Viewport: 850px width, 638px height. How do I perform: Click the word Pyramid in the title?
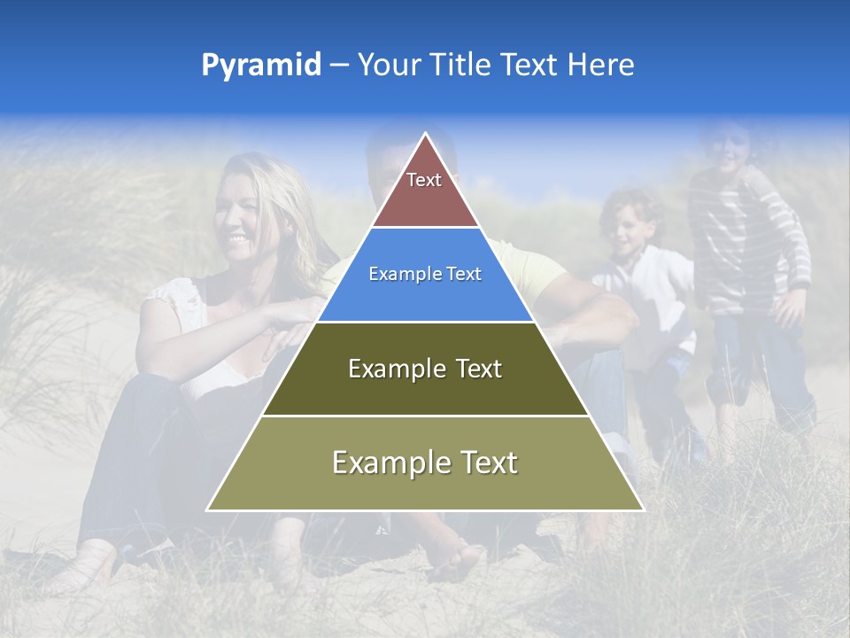(x=260, y=66)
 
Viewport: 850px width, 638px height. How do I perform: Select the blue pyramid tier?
(x=425, y=292)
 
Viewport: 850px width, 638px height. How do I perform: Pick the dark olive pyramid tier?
(x=425, y=390)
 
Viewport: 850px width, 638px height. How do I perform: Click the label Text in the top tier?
(x=424, y=180)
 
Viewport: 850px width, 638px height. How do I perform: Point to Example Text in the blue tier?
(x=425, y=274)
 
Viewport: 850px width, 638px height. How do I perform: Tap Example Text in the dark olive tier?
(x=425, y=369)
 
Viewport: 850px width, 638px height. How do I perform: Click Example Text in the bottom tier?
(x=425, y=463)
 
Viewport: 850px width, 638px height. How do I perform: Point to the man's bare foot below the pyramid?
(x=456, y=558)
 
